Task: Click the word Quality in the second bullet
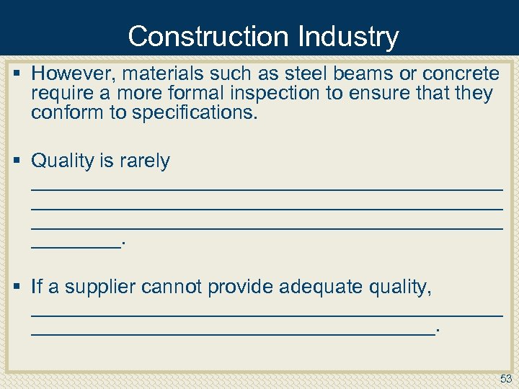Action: tap(60, 161)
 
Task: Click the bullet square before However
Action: tap(18, 73)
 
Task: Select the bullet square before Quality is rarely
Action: tap(18, 161)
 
